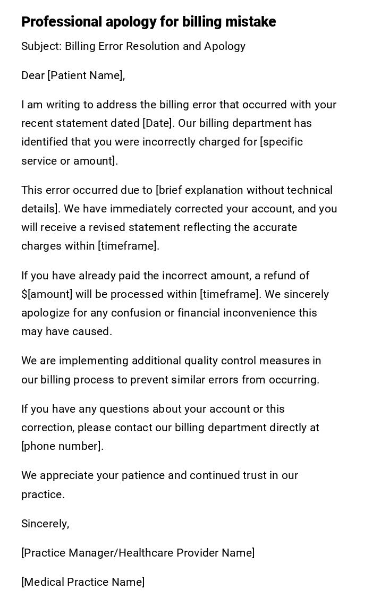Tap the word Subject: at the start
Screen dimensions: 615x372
(x=41, y=46)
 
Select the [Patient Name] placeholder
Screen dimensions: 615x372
(x=85, y=75)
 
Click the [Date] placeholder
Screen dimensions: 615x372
(x=158, y=123)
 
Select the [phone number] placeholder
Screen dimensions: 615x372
(x=61, y=446)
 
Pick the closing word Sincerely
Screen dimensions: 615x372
(x=44, y=524)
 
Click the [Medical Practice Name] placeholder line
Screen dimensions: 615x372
(x=83, y=582)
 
